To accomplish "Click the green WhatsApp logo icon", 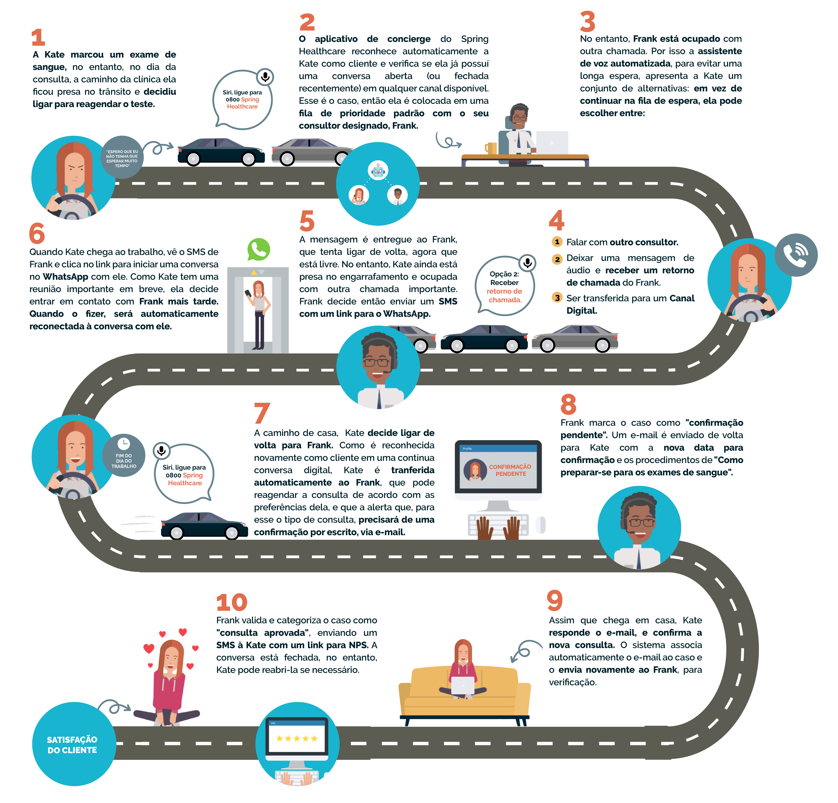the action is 259,250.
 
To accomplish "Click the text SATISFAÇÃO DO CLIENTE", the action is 72,745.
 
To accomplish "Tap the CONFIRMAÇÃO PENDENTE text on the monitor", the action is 510,470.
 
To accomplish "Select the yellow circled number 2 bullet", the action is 557,259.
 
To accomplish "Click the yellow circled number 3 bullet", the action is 557,297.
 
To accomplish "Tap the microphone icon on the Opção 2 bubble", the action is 528,262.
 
